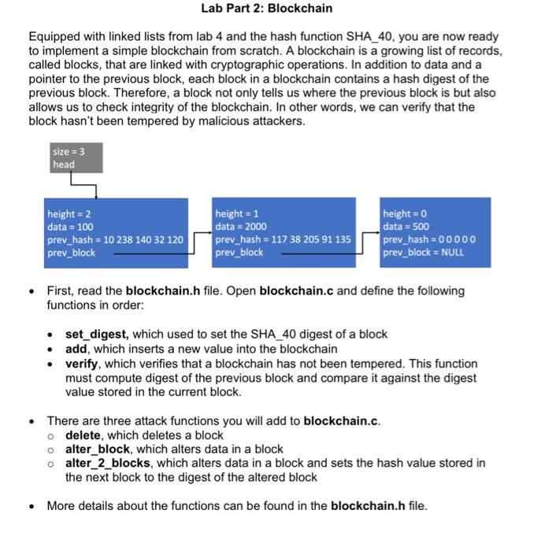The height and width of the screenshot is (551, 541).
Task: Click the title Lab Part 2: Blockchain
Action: pyautogui.click(x=266, y=9)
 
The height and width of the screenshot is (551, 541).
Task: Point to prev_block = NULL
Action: pyautogui.click(x=423, y=253)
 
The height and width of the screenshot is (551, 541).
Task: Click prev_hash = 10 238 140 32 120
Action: pyautogui.click(x=115, y=239)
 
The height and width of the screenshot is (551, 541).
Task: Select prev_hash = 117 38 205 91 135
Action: pyautogui.click(x=283, y=239)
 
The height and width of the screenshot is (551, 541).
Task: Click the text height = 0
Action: pyautogui.click(x=405, y=214)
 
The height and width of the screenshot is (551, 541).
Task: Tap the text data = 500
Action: pyautogui.click(x=405, y=227)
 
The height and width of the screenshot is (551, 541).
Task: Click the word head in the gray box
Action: pyautogui.click(x=63, y=165)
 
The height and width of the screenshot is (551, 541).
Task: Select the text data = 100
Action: pyautogui.click(x=70, y=227)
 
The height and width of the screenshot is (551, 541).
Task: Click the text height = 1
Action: pyautogui.click(x=237, y=214)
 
